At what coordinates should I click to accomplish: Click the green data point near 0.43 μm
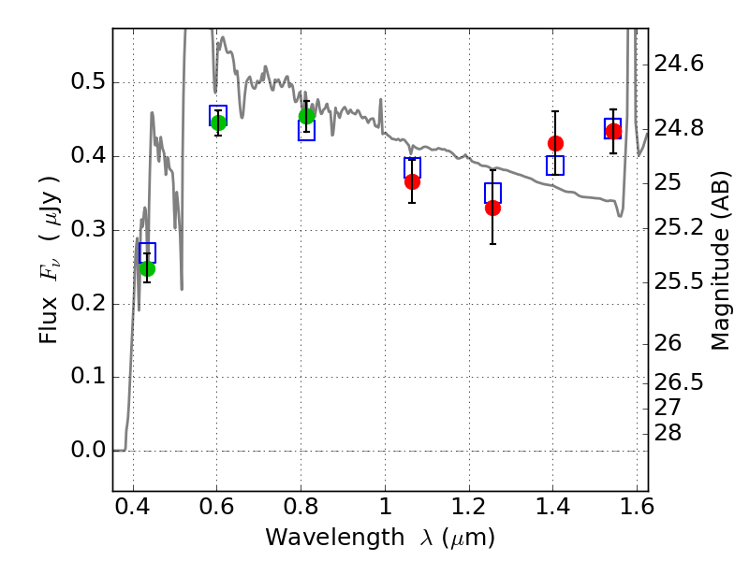147,269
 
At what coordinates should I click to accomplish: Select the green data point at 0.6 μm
218,123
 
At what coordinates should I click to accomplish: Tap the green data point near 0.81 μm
307,116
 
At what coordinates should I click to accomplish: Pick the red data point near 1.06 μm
412,181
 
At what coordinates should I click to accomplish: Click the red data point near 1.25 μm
493,208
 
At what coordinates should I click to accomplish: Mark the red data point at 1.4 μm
555,143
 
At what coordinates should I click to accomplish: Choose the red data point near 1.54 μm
613,131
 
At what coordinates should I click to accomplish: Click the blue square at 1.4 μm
555,165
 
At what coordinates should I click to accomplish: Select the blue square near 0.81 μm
306,130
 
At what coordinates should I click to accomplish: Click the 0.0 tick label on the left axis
88,450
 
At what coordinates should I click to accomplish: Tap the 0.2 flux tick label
88,303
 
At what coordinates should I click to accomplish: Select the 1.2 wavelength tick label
469,507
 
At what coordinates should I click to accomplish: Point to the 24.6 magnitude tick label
679,64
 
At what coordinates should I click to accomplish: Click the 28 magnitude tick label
668,433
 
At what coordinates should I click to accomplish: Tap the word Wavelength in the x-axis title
335,538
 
